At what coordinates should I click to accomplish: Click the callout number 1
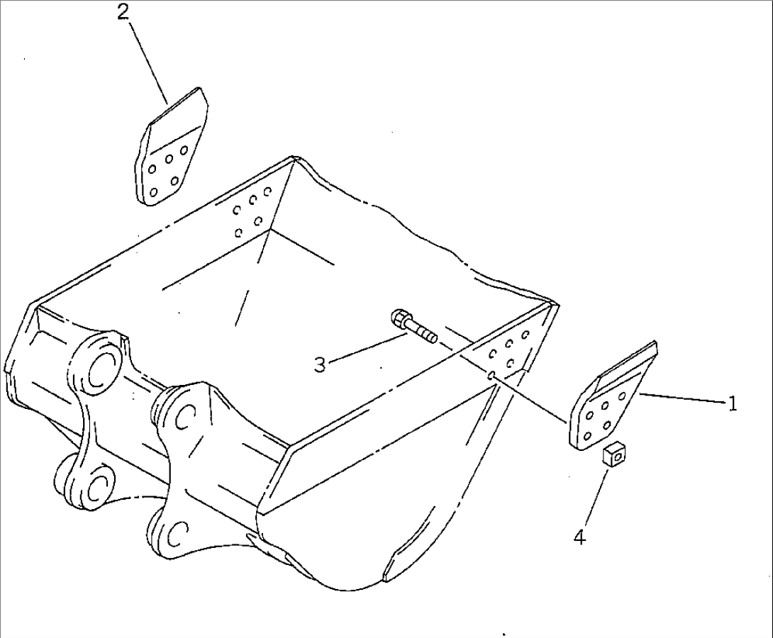coord(732,403)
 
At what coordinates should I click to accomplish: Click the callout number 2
coord(124,13)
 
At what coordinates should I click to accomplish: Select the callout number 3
coord(320,364)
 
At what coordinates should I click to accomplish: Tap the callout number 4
coord(579,538)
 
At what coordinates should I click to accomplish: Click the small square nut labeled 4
coord(613,454)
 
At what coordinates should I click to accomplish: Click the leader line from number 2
coord(148,60)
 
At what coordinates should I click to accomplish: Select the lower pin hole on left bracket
coord(94,486)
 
